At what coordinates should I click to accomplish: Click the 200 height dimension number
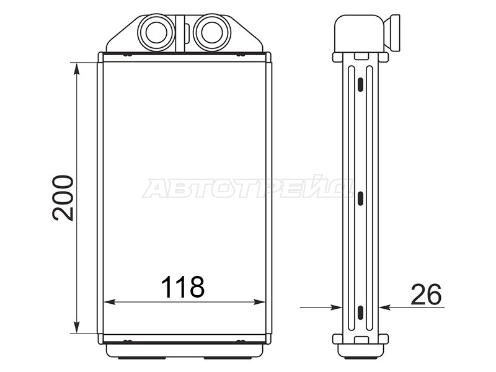point(63,198)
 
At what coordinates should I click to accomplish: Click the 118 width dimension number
point(183,287)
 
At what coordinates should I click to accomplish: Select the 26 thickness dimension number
point(426,295)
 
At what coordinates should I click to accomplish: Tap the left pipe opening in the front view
point(156,33)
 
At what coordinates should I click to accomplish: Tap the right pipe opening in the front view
point(212,33)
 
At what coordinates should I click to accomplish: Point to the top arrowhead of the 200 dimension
point(76,68)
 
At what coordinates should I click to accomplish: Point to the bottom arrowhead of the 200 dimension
point(76,327)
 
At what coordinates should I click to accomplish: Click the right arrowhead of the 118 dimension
point(259,302)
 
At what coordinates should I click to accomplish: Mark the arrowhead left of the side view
point(336,307)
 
